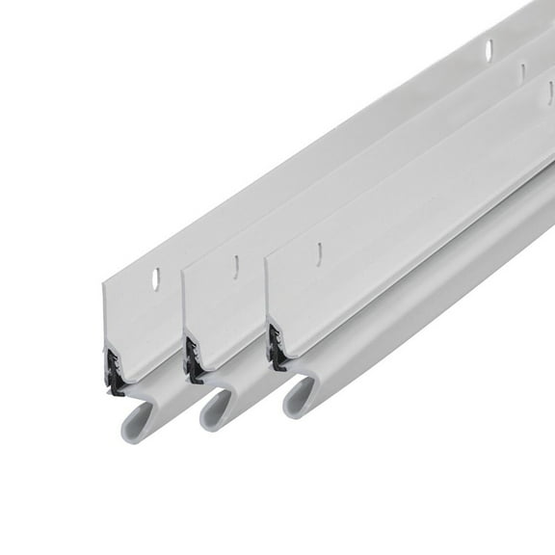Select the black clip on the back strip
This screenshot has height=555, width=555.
pos(113,361)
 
